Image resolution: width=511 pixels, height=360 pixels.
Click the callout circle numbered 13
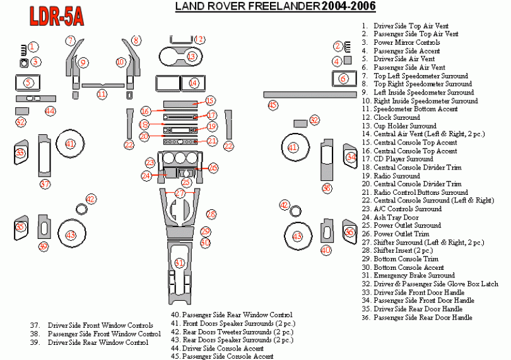coord(191,57)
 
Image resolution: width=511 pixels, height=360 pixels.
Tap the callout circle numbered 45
coord(273,105)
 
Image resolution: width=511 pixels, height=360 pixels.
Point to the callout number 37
coord(45,185)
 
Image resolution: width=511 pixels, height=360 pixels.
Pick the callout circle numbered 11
coord(102,94)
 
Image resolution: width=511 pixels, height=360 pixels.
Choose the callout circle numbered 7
coord(71,41)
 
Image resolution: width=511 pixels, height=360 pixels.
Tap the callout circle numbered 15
coord(210,100)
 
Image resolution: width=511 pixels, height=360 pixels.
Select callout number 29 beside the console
coord(205,231)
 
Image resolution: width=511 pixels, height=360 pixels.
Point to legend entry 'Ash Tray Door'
coord(396,218)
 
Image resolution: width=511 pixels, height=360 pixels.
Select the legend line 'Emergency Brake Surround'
coord(414,276)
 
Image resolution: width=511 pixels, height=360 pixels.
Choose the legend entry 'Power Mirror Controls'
coord(406,42)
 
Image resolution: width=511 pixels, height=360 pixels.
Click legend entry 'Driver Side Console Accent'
coord(223,348)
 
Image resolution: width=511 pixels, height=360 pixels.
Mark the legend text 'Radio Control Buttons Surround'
coord(421,192)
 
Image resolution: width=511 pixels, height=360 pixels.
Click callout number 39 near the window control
coord(43,246)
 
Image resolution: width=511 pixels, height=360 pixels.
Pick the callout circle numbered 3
coord(36,62)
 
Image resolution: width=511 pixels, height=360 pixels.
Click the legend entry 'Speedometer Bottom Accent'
coord(416,109)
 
